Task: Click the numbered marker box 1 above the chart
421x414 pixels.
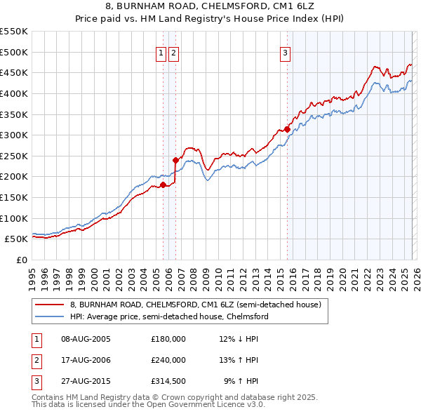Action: (x=161, y=52)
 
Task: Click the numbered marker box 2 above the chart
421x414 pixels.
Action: (x=173, y=52)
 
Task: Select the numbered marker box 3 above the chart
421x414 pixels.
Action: (x=286, y=52)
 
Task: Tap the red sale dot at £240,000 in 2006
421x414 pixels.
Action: (x=175, y=160)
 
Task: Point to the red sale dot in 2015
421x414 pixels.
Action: (x=288, y=129)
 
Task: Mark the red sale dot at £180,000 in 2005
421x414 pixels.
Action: (x=163, y=185)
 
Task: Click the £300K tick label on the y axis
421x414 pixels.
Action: (x=13, y=135)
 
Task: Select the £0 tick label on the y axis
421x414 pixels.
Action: (x=22, y=260)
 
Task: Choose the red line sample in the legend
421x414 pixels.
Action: (x=50, y=305)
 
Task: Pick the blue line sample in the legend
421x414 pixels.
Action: (x=50, y=316)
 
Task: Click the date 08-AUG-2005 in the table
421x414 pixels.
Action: (x=86, y=338)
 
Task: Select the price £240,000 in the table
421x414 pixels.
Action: (x=168, y=360)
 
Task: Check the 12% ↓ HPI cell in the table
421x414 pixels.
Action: (x=239, y=338)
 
